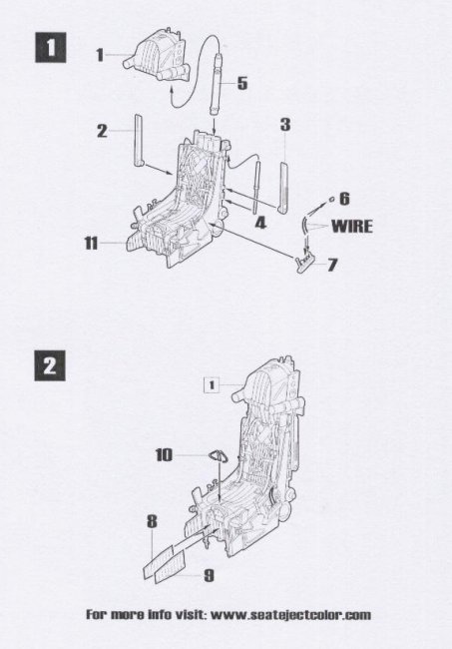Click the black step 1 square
pyautogui.click(x=50, y=48)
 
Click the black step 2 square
pyautogui.click(x=50, y=365)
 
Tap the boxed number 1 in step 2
pyautogui.click(x=212, y=385)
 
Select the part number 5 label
pyautogui.click(x=242, y=83)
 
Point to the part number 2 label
pyautogui.click(x=102, y=131)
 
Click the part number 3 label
pyautogui.click(x=285, y=125)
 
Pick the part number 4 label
pyautogui.click(x=260, y=223)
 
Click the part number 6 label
pyautogui.click(x=344, y=199)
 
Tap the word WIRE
pyautogui.click(x=352, y=226)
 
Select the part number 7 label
pyautogui.click(x=332, y=265)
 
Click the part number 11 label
pyautogui.click(x=91, y=243)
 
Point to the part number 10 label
pyautogui.click(x=164, y=455)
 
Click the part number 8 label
pyautogui.click(x=153, y=521)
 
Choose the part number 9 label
pyautogui.click(x=210, y=575)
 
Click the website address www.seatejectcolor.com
pyautogui.click(x=290, y=615)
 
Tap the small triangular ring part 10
pyautogui.click(x=218, y=455)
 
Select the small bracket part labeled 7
pyautogui.click(x=304, y=262)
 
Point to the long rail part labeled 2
pyautogui.click(x=140, y=140)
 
